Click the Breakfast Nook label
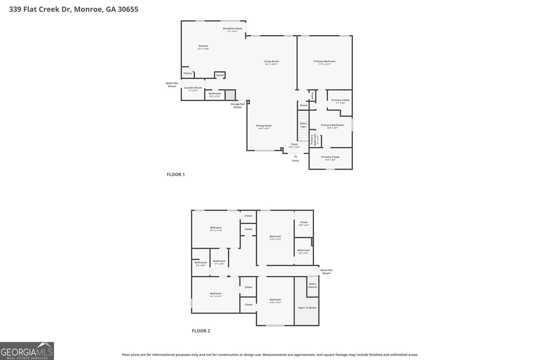(x=233, y=29)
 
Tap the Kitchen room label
(x=203, y=46)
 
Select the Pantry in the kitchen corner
(x=188, y=73)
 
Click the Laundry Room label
(x=193, y=88)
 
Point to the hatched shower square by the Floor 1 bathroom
(x=230, y=94)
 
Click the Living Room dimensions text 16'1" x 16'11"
(x=271, y=64)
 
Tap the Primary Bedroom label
(x=324, y=61)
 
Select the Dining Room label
(x=264, y=126)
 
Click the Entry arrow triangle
(x=296, y=156)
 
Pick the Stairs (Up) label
(x=303, y=125)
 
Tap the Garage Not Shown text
(x=238, y=106)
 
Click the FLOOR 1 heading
(x=175, y=174)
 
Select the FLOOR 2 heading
(x=201, y=331)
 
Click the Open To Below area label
(x=307, y=308)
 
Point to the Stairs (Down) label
(x=313, y=285)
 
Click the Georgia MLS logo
(x=27, y=351)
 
